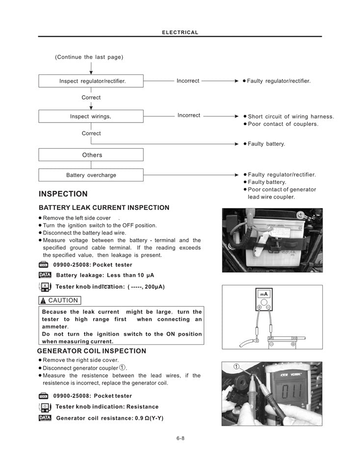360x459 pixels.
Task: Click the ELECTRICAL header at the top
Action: [x=180, y=32]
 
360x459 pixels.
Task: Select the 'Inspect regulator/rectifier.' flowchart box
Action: [x=91, y=81]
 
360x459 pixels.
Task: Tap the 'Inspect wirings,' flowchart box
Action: [x=91, y=116]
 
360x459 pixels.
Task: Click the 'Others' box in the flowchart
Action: [x=91, y=155]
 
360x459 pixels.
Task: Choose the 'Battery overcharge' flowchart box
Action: [x=91, y=175]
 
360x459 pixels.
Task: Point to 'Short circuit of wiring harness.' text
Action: [x=291, y=117]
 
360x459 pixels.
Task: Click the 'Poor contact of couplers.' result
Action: [x=283, y=124]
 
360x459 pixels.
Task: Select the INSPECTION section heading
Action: [x=63, y=194]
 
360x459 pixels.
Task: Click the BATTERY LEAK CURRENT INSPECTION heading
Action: [x=104, y=208]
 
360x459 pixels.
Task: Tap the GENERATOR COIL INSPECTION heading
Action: [x=92, y=351]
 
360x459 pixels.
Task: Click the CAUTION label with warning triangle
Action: [x=60, y=300]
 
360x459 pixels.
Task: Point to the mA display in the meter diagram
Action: [x=264, y=294]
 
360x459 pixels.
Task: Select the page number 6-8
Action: [x=180, y=438]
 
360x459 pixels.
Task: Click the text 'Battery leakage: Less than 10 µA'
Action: [x=105, y=276]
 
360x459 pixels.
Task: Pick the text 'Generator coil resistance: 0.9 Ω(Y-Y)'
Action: [x=109, y=418]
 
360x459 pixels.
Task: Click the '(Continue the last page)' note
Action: [x=89, y=57]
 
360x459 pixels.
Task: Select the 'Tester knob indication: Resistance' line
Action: [x=107, y=407]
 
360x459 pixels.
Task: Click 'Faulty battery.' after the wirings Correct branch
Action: [x=266, y=144]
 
